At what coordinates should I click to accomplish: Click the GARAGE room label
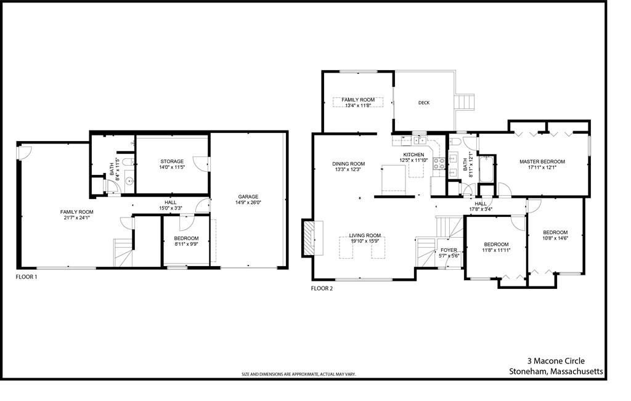(x=248, y=196)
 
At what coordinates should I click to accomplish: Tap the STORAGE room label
(x=172, y=161)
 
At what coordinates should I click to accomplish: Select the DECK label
(x=423, y=103)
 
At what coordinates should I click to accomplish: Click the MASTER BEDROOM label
(x=542, y=161)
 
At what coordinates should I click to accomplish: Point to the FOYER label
(x=449, y=250)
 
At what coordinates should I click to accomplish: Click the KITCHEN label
(x=413, y=155)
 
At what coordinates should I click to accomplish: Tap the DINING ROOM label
(x=350, y=164)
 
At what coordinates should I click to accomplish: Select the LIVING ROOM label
(x=365, y=235)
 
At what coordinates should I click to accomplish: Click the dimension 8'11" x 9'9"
(x=186, y=244)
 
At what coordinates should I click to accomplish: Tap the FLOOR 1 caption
(x=26, y=277)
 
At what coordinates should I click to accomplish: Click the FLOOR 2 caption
(x=322, y=288)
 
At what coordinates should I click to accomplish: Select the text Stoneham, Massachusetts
(x=556, y=371)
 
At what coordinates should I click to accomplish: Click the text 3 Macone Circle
(x=555, y=361)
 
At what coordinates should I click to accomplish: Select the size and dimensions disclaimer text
(x=298, y=374)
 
